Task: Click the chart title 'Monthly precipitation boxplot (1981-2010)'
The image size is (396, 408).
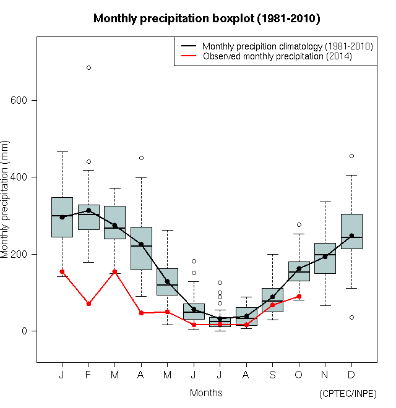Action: coord(207,19)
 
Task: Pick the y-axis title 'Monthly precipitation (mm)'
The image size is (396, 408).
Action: coord(6,200)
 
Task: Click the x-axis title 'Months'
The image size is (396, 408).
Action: coord(206,393)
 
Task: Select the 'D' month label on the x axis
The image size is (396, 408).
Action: coord(351,375)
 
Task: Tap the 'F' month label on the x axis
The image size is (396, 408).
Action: coord(88,375)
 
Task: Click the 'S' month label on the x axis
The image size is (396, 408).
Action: coord(272,375)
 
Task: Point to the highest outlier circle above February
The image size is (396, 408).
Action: coord(88,67)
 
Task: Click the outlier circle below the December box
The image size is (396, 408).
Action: coord(351,317)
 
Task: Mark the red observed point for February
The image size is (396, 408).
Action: coord(88,304)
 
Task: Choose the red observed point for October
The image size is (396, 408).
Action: coord(299,296)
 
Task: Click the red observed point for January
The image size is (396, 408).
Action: coord(62,271)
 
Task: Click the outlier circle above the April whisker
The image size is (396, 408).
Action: coord(141,158)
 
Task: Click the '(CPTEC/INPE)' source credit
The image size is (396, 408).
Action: coord(348,394)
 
